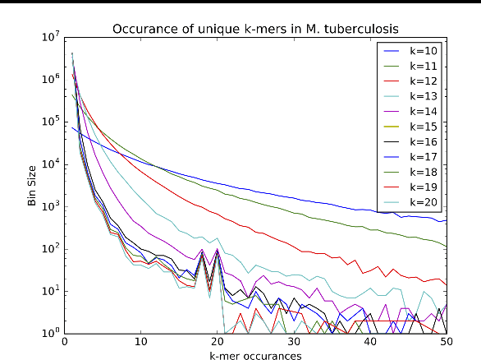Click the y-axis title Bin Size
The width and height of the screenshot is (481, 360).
tap(31, 185)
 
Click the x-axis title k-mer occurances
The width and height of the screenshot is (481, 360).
tap(255, 355)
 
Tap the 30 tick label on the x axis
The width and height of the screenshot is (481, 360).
tap(294, 341)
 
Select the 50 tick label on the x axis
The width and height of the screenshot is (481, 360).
tap(447, 341)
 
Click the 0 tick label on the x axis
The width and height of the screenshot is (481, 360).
tap(64, 341)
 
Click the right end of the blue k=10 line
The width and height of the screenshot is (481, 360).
tap(447, 221)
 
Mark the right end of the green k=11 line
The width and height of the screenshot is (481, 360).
tap(447, 247)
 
